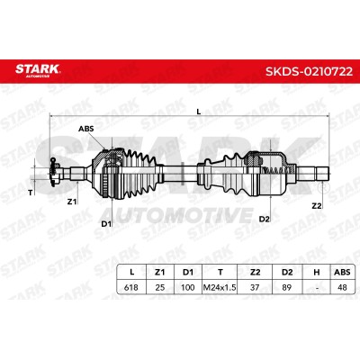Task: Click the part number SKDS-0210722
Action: point(309,71)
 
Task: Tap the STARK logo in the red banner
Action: point(38,70)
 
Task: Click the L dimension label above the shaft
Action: point(198,112)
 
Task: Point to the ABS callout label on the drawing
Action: point(86,129)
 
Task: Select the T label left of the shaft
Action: point(30,193)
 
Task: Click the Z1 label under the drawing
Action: point(72,202)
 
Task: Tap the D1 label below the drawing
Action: point(106,223)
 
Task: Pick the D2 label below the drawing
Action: point(265,220)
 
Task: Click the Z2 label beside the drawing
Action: point(317,206)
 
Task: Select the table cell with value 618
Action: point(131,287)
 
